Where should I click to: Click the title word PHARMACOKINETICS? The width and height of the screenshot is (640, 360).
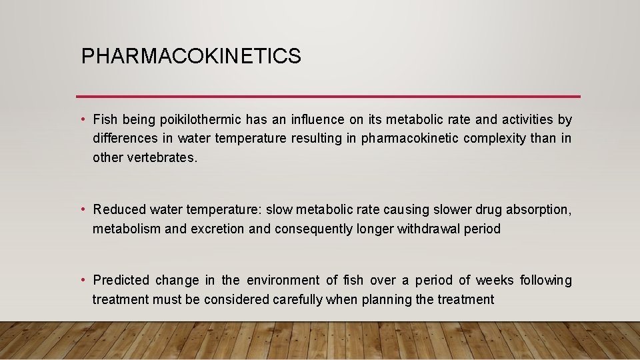pyautogui.click(x=191, y=57)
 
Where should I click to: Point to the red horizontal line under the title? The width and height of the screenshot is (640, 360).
pyautogui.click(x=328, y=96)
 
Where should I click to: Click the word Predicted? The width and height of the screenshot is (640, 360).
pyautogui.click(x=121, y=280)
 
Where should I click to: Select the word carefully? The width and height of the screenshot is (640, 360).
pyautogui.click(x=298, y=300)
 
